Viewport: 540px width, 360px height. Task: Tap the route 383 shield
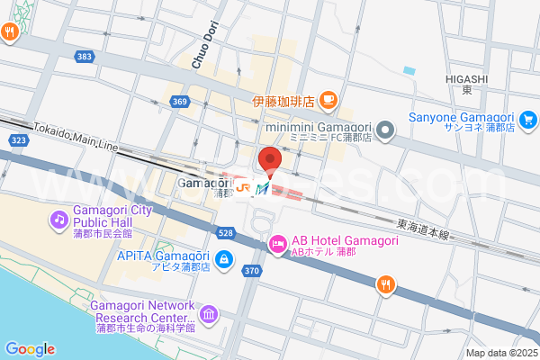(x=85, y=57)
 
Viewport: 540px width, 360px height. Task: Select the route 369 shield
(x=180, y=102)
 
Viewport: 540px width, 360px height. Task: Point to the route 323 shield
(x=18, y=141)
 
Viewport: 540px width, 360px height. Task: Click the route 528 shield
(x=226, y=233)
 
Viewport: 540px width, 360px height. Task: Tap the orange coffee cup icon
(x=328, y=99)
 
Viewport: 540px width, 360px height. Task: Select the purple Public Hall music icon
(x=59, y=219)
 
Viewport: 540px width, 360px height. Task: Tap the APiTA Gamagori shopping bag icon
(x=223, y=261)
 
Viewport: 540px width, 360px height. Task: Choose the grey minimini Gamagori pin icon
(x=385, y=131)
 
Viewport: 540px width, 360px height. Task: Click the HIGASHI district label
(x=466, y=79)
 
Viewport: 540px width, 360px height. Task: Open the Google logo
(x=30, y=349)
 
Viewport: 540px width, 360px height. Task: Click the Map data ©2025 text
(x=500, y=352)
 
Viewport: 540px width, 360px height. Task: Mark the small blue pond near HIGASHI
(x=409, y=70)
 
